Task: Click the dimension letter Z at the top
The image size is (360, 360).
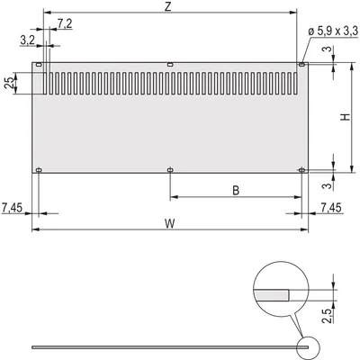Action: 168,6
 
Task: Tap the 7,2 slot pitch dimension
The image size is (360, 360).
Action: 65,23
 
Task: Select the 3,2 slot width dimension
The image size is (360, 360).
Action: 28,40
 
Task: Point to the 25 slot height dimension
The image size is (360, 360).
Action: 9,83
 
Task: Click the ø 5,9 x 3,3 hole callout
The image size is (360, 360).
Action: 333,31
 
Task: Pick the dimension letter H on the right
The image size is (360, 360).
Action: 346,117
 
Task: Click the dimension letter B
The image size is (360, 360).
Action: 236,190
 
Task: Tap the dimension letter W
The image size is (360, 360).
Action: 170,223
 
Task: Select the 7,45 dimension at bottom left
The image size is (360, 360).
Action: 12,208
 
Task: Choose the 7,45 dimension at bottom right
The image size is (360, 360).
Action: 331,208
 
